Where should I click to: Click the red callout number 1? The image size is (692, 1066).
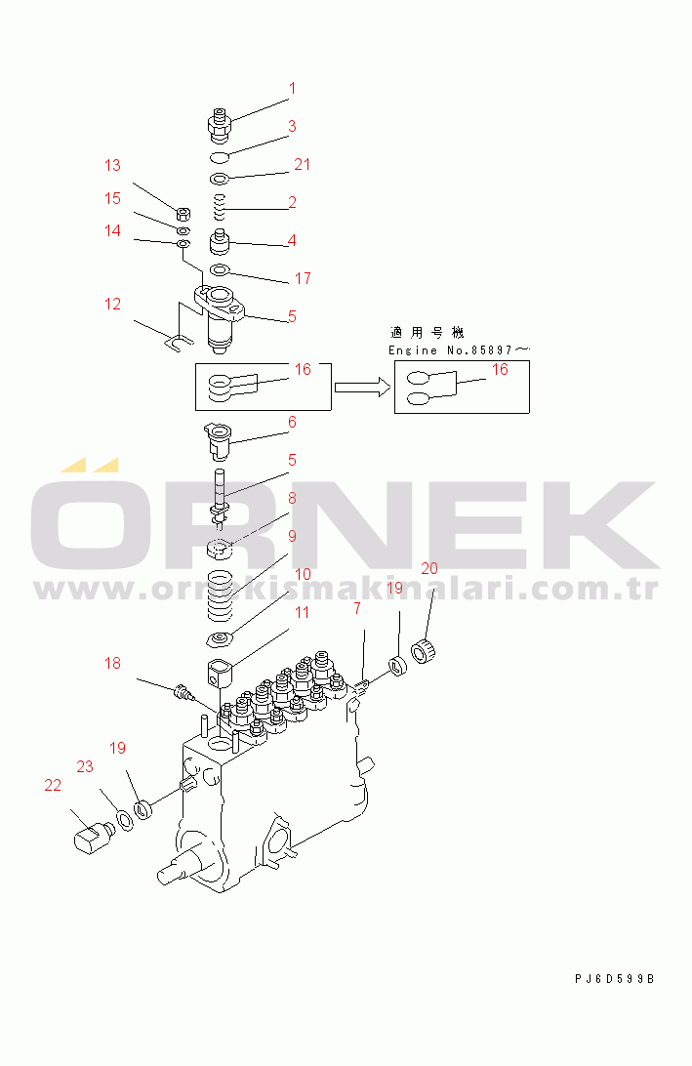pos(292,89)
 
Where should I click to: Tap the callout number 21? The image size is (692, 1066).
pos(302,165)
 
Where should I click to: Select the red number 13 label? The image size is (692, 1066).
pos(112,165)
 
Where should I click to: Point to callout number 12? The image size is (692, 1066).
pos(112,304)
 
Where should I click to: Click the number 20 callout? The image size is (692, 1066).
pos(428,568)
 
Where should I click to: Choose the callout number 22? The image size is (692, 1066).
pos(53,785)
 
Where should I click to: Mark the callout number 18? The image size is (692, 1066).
pos(112,663)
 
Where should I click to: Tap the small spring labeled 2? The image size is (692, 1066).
pos(219,207)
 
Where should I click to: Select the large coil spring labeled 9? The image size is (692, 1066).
pos(220,595)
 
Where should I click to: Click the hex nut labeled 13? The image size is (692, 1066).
pos(183,214)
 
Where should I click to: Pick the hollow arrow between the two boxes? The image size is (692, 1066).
pos(362,388)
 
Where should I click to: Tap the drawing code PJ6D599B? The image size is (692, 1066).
pos(615,979)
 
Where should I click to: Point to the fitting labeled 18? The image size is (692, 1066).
pos(183,692)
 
